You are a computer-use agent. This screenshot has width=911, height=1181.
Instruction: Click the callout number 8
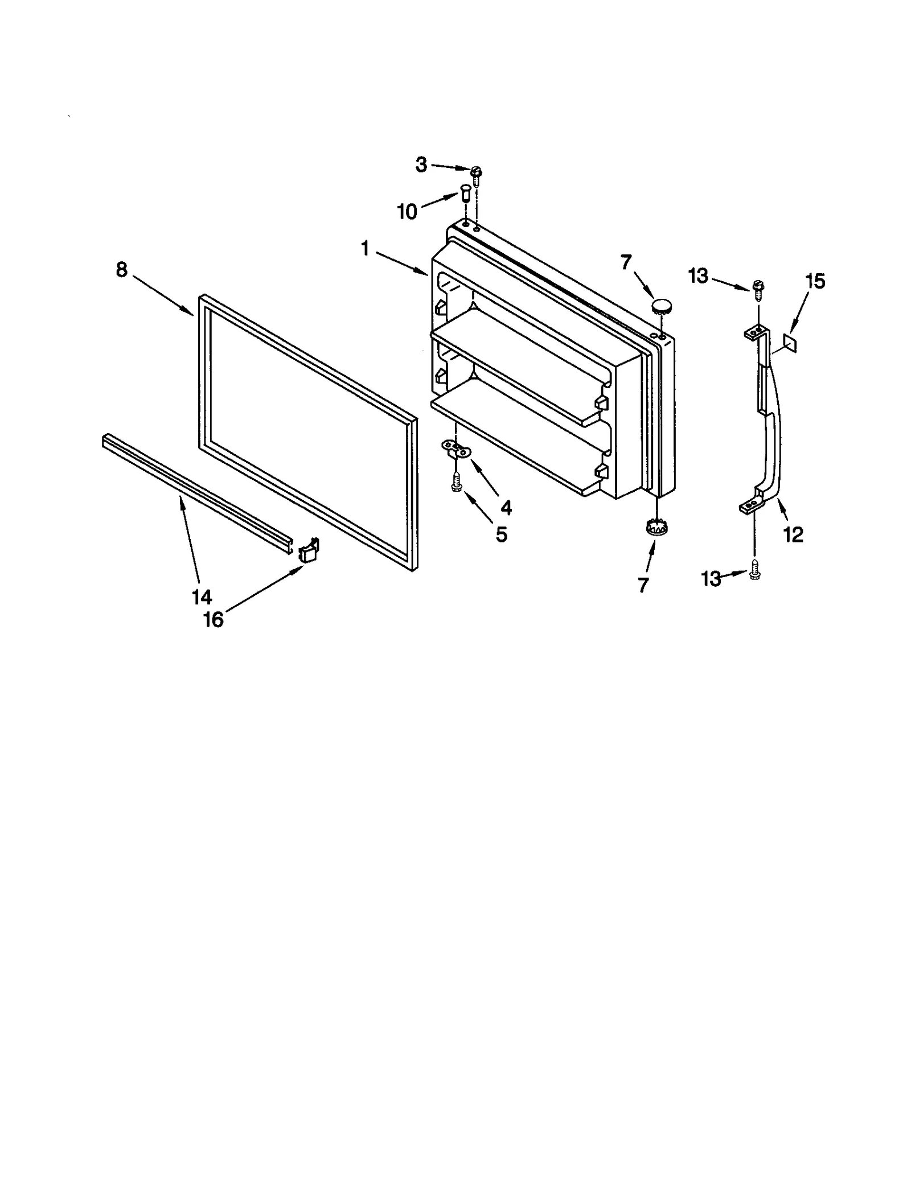tap(122, 269)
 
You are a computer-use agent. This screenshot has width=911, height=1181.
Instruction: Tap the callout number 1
tap(365, 249)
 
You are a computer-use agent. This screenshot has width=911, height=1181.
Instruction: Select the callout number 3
tap(421, 165)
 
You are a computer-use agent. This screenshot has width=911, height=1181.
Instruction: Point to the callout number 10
tap(407, 212)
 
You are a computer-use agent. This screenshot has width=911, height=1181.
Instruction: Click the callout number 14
tap(202, 597)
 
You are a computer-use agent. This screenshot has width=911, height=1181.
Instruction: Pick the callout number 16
tap(214, 620)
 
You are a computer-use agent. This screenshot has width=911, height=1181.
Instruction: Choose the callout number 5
tap(501, 534)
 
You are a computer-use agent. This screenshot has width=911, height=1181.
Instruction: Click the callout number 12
tap(793, 534)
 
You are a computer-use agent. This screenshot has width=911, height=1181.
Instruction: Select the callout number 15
tap(815, 281)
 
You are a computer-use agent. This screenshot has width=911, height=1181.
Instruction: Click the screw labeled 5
tap(456, 484)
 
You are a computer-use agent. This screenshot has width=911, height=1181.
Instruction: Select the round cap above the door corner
tap(660, 306)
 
